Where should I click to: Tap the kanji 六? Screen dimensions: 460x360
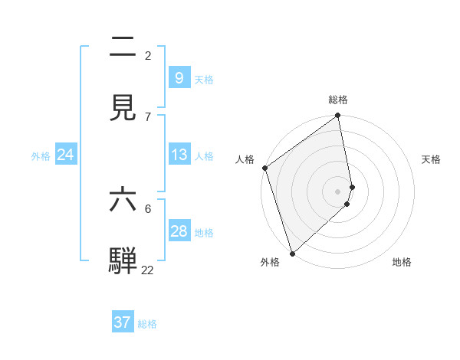coord(123,200)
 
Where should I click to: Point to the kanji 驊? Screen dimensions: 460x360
coord(123,261)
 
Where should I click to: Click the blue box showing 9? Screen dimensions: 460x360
coord(179,77)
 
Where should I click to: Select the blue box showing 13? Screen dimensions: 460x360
coord(179,155)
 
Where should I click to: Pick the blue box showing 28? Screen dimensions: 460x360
coord(179,231)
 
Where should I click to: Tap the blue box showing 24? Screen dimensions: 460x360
coord(65,155)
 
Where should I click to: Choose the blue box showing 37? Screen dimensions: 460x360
coord(122,322)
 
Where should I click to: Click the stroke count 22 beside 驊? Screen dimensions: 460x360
coord(147,270)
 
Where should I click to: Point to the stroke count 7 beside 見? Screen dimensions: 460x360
coord(148,116)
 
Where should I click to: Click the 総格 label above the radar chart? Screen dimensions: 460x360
coord(338,100)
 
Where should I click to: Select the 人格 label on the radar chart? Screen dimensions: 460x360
coord(245,159)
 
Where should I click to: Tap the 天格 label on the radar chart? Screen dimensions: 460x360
coord(431,159)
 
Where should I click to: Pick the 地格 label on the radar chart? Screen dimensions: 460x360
coord(402,262)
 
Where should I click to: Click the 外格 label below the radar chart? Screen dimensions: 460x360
coord(270,262)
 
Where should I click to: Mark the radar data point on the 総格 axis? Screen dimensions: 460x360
coord(338,116)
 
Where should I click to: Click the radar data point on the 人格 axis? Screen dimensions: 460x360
coord(264,168)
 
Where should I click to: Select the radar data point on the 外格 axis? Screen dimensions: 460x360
coord(292,253)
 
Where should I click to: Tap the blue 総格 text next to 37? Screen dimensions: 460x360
coord(147,324)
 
